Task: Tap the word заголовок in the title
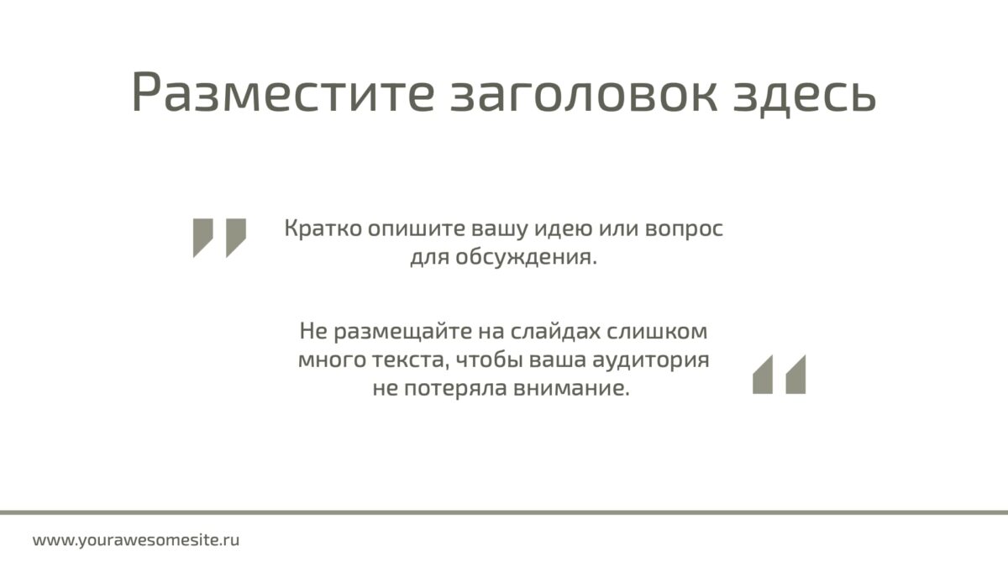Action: (584, 94)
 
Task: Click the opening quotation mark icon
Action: (219, 238)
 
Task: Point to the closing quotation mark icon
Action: (780, 375)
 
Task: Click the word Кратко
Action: (323, 228)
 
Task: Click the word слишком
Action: (657, 332)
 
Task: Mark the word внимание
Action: (570, 389)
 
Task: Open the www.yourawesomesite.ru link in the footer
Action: (136, 540)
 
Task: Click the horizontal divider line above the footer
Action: (504, 512)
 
